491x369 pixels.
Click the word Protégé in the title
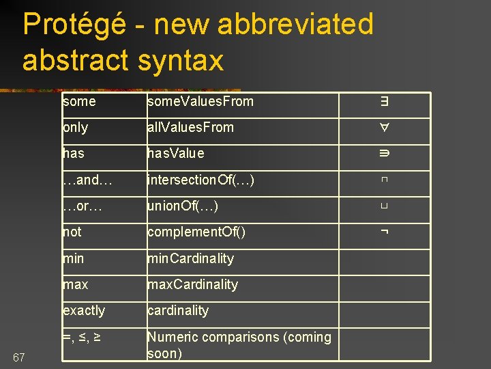[x=74, y=25]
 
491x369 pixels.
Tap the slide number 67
[x=19, y=357]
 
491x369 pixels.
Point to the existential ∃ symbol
[x=385, y=102]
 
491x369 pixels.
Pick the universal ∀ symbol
[x=385, y=128]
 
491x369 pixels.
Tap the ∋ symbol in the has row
[x=385, y=154]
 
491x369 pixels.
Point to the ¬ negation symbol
[x=385, y=232]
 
